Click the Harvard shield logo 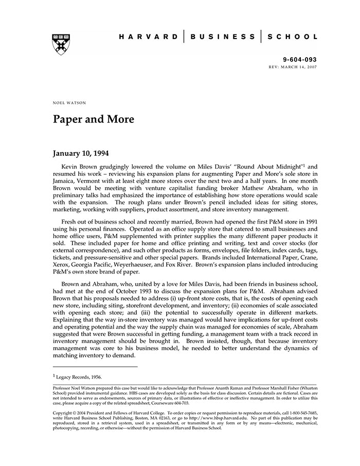pos(61,44)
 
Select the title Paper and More pos(93,119)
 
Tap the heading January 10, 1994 pos(81,153)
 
